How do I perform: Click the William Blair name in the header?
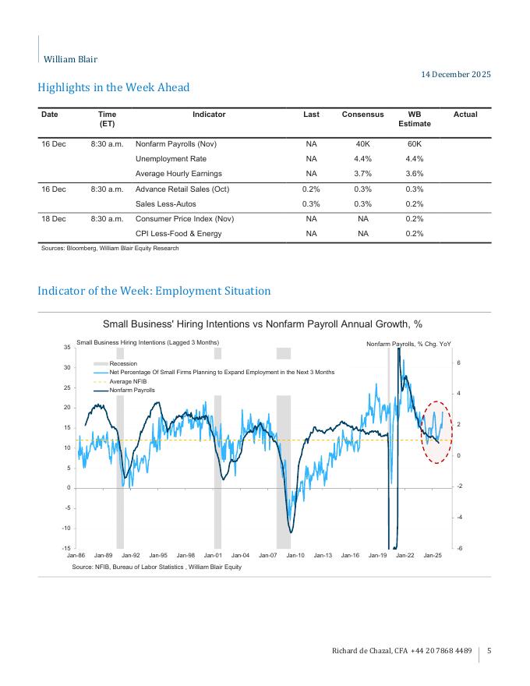pos(70,59)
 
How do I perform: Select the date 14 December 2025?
pos(456,75)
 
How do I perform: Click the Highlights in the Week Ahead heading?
pos(113,87)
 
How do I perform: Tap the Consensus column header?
pos(362,115)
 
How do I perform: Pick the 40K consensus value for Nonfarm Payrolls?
pos(362,144)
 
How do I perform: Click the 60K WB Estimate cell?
pos(415,144)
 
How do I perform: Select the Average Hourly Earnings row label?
pos(178,173)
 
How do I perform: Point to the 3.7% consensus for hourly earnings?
pos(362,173)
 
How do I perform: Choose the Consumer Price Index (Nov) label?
pos(185,219)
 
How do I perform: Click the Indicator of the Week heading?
pos(154,291)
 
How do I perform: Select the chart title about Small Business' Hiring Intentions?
pos(263,324)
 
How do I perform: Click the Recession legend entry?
pos(123,364)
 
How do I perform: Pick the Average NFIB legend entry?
pos(128,381)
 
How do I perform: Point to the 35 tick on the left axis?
pos(67,347)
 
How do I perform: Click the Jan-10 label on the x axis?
pos(295,555)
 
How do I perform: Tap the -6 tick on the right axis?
pos(459,548)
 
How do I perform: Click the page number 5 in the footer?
pos(489,651)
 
